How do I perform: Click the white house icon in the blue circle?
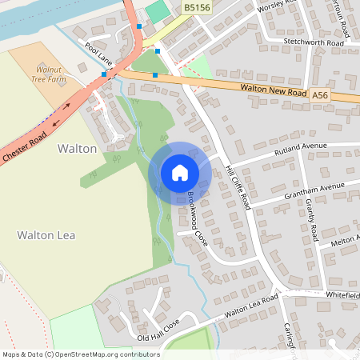click(x=180, y=173)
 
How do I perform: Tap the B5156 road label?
click(x=197, y=8)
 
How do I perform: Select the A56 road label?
click(x=320, y=95)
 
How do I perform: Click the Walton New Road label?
click(x=274, y=90)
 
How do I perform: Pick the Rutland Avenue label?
click(x=279, y=149)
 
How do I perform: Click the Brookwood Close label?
click(x=197, y=218)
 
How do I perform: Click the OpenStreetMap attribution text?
click(x=81, y=354)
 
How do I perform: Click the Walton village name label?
click(x=77, y=149)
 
